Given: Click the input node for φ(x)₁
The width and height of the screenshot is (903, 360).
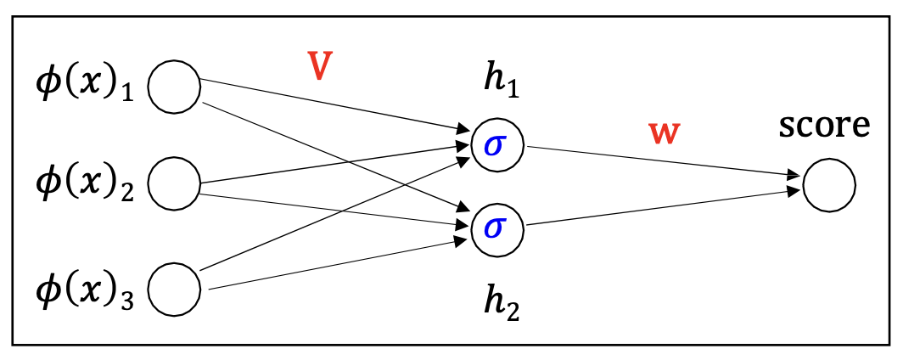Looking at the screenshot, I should [175, 87].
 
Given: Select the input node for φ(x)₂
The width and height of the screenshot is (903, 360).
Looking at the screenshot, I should [175, 182].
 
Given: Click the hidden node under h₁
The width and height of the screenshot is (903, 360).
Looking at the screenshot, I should [498, 144].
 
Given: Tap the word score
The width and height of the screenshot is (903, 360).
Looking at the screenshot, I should [825, 126].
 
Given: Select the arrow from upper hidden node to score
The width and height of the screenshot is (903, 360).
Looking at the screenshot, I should [662, 160].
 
